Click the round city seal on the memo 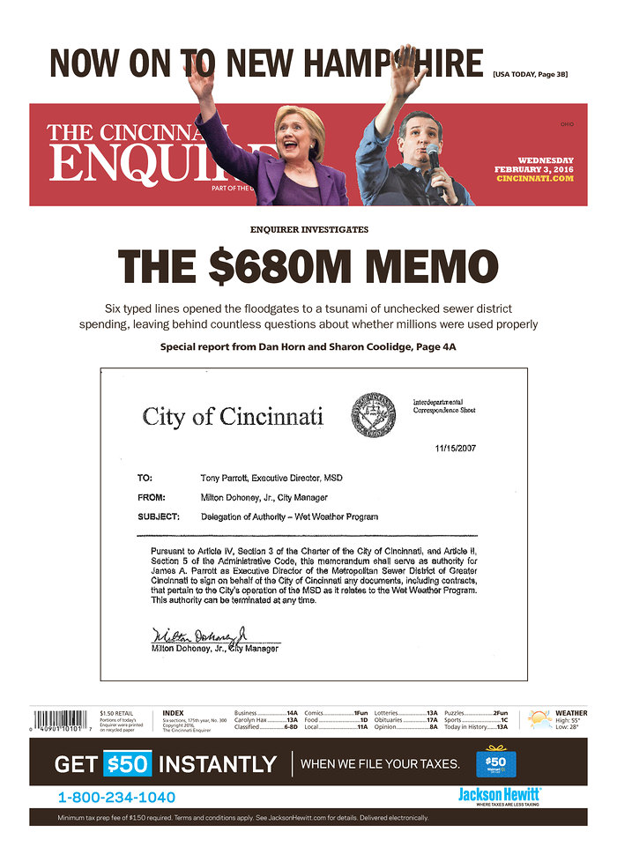(374, 414)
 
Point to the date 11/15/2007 (457, 449)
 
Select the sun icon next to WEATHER (539, 719)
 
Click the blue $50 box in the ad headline (128, 764)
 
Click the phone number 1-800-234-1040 (116, 798)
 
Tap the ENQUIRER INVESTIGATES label (308, 229)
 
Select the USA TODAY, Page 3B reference (530, 75)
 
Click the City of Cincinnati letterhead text (233, 416)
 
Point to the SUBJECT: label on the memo (160, 516)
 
